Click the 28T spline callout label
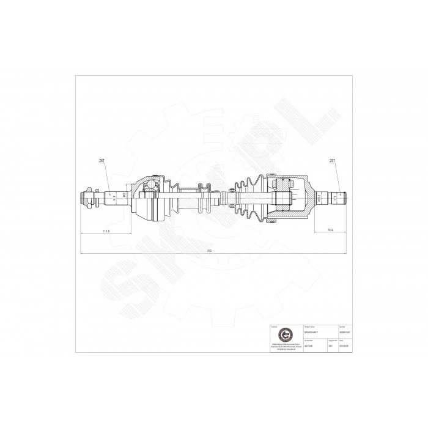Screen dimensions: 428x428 pyautogui.click(x=102, y=161)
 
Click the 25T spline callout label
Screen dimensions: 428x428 pyautogui.click(x=333, y=161)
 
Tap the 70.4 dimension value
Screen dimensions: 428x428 pyautogui.click(x=330, y=231)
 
